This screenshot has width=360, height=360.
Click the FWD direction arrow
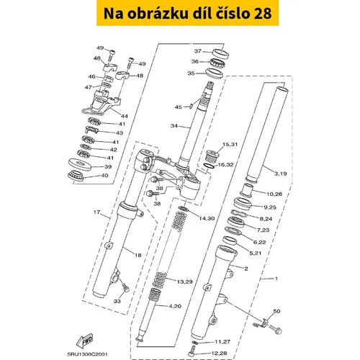pos(84,341)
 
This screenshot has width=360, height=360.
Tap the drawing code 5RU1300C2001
pos(88,354)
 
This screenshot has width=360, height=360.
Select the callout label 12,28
pos(219,353)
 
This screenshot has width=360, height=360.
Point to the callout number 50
pos(276,311)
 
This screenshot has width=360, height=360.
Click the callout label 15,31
pos(230,144)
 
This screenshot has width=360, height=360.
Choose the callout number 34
pos(174,126)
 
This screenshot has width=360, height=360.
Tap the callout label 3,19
pos(281,174)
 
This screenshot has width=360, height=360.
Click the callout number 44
pos(124,116)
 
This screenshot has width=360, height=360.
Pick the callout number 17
pos(96,212)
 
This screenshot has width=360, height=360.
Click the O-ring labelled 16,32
pos(209,166)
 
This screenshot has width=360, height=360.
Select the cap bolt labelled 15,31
pos(212,156)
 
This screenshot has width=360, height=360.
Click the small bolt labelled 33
pos(125,287)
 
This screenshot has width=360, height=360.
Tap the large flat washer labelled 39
pos(80,164)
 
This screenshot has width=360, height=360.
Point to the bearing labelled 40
pos(76,175)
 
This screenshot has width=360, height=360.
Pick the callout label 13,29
pos(185,282)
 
